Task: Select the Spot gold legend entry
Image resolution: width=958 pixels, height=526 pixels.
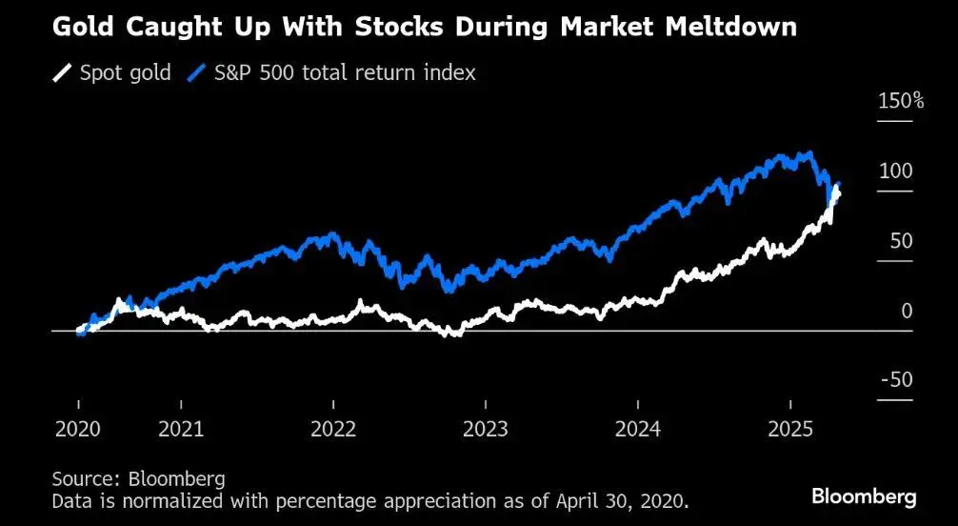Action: click(x=125, y=72)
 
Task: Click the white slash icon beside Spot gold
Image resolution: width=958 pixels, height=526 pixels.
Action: click(x=63, y=73)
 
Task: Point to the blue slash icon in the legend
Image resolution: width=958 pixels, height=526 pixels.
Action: click(x=198, y=73)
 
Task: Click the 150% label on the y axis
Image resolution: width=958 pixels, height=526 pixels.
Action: click(x=900, y=101)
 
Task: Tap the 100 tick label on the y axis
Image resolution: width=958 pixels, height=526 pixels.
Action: click(x=896, y=171)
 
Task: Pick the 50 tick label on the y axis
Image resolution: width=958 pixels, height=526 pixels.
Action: click(x=901, y=241)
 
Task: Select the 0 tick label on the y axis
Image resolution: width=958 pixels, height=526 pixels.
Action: click(x=907, y=311)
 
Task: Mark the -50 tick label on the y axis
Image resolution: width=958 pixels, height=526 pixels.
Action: click(x=896, y=380)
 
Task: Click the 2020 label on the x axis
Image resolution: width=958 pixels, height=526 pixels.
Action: click(x=79, y=429)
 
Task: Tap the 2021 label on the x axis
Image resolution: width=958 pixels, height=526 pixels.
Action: click(x=181, y=429)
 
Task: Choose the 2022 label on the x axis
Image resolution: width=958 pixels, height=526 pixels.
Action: click(x=333, y=429)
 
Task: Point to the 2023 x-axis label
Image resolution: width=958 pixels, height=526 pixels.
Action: click(x=485, y=429)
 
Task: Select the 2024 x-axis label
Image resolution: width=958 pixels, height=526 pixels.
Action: click(x=638, y=429)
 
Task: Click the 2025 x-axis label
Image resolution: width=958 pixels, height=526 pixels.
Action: click(x=789, y=429)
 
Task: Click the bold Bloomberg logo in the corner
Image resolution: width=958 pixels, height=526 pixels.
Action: click(x=864, y=496)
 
